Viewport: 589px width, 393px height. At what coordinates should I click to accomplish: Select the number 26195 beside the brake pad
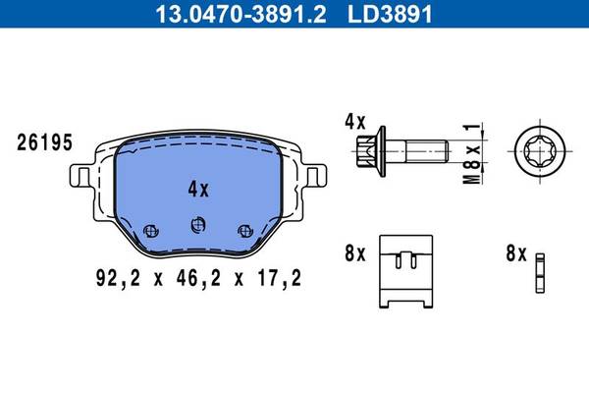(44, 143)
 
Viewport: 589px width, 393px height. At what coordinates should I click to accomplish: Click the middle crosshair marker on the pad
(198, 226)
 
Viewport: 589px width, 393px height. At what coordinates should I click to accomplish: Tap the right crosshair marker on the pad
(243, 230)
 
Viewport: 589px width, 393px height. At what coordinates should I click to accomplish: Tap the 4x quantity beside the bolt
(354, 123)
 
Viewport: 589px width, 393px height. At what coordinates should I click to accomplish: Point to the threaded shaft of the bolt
(424, 150)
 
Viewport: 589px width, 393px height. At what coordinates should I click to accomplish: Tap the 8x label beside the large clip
(354, 253)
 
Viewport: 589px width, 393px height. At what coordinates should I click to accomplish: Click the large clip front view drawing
(406, 270)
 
